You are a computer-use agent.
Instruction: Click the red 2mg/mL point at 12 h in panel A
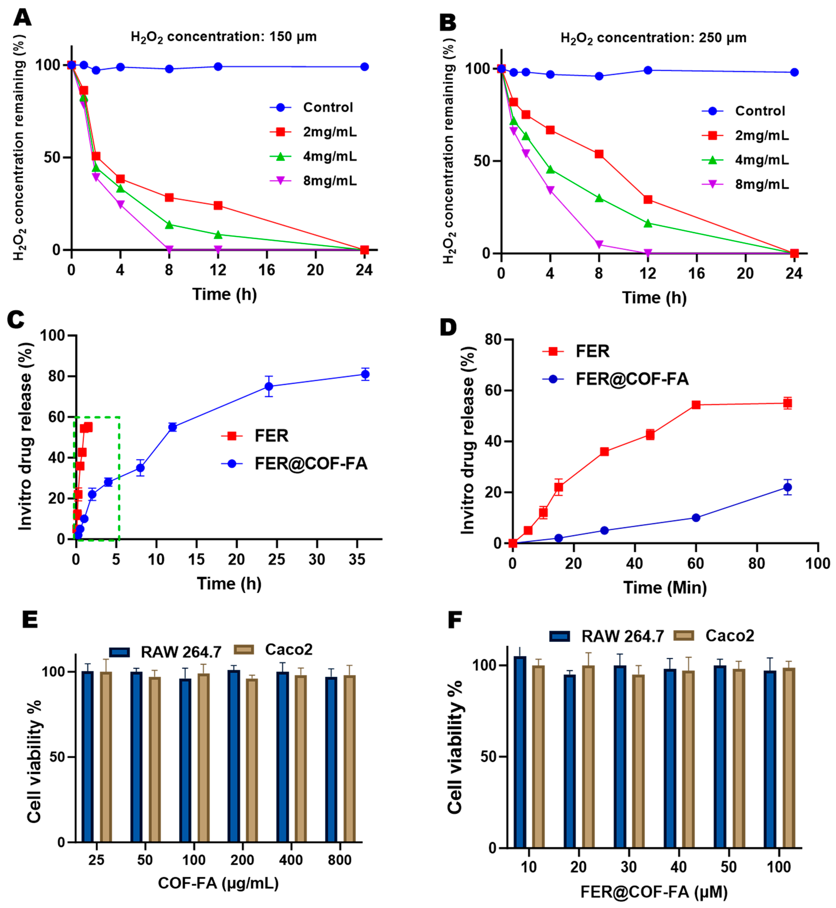click(218, 205)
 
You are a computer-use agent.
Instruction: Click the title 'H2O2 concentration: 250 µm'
click(653, 38)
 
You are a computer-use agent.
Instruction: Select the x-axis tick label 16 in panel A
click(266, 270)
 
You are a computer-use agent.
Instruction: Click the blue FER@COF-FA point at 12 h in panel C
click(172, 427)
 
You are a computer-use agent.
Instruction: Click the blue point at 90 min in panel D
click(787, 487)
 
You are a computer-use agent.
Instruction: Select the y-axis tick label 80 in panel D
click(493, 339)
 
